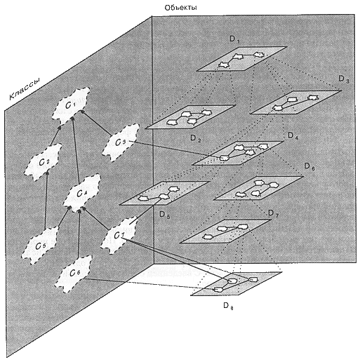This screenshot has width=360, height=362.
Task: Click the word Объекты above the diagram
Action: point(180,8)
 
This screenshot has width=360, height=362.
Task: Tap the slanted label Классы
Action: point(25,89)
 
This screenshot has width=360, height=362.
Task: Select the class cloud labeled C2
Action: point(44,162)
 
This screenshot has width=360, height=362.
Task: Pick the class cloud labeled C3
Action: point(121,142)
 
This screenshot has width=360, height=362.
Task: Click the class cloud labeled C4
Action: point(82,193)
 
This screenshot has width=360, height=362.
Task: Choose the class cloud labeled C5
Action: point(40,246)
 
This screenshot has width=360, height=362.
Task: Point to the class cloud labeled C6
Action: point(75,273)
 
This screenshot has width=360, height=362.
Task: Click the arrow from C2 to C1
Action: point(55,135)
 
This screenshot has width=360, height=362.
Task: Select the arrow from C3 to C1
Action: point(95,122)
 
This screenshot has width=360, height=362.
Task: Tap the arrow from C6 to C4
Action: point(79,233)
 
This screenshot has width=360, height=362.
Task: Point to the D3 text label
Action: point(344,79)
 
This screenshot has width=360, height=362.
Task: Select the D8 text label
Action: point(228,306)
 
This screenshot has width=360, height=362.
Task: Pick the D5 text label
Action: point(164,215)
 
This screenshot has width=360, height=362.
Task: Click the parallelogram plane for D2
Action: point(190,117)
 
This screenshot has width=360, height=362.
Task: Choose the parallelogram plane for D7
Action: point(226,232)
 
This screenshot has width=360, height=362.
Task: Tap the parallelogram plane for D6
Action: point(259,188)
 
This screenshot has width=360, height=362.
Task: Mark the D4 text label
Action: point(293,135)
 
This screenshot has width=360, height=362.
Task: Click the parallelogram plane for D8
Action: point(236,283)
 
